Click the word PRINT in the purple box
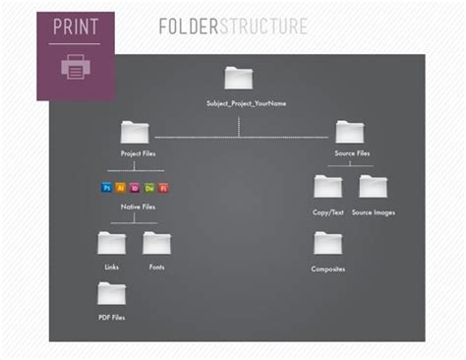point(75,27)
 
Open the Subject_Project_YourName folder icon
point(238,78)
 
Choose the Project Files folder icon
point(135,132)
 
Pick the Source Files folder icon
point(349,132)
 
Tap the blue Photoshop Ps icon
point(107,187)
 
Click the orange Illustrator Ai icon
point(121,187)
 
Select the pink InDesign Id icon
point(136,187)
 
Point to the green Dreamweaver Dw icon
point(149,187)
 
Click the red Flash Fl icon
point(163,187)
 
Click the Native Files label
point(137,207)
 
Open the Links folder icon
point(111,242)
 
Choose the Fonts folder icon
point(156,242)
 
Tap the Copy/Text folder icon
point(327,186)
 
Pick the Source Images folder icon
point(373,186)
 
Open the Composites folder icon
point(327,243)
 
